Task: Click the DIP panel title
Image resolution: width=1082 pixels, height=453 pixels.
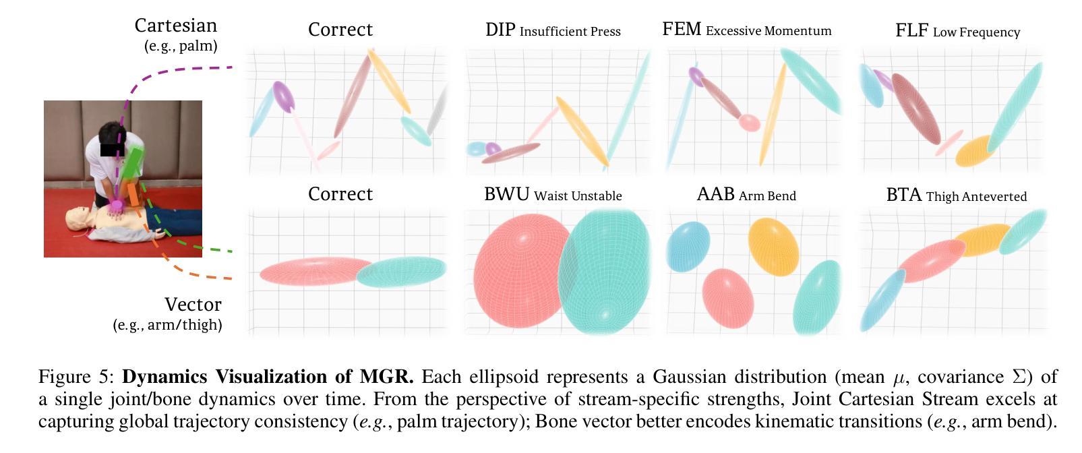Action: (500, 30)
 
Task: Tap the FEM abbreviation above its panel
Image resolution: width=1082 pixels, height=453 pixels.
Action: (682, 30)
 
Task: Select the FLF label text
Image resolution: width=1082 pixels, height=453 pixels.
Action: (911, 30)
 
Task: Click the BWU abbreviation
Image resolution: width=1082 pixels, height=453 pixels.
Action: (506, 194)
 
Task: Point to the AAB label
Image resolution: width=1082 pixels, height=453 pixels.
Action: (715, 194)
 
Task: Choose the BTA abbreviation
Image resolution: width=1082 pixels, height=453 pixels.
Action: (903, 195)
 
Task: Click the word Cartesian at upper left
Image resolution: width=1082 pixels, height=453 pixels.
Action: (175, 26)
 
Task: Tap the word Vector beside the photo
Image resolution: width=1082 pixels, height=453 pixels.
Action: (193, 304)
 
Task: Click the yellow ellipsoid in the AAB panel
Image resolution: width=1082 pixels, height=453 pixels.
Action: (773, 245)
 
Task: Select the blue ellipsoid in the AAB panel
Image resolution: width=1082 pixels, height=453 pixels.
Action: (688, 245)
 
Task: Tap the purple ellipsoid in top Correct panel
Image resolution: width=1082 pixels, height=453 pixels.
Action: (284, 96)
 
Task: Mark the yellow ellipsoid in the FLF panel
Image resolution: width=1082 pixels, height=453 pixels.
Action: (975, 151)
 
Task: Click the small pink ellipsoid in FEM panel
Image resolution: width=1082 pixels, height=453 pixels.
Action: (749, 122)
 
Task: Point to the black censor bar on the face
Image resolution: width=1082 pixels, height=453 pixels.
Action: (112, 149)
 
